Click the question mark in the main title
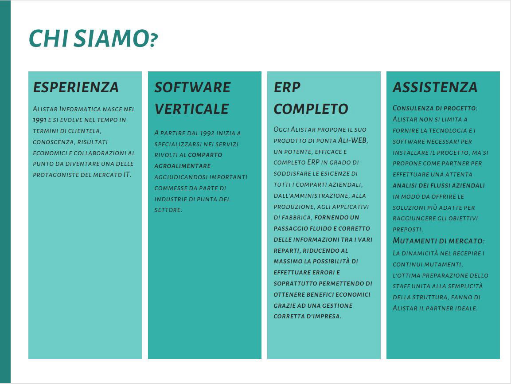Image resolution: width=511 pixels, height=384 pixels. (x=154, y=40)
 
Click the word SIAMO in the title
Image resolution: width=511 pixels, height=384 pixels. (x=111, y=39)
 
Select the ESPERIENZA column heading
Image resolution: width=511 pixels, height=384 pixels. (x=76, y=87)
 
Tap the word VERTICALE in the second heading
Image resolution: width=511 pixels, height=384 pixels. (x=191, y=109)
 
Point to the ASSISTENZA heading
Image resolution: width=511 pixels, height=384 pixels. (x=435, y=87)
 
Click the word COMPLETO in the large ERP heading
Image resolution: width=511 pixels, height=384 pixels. (x=311, y=109)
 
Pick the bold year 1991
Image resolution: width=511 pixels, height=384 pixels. (x=39, y=120)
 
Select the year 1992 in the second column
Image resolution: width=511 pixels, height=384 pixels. (x=207, y=133)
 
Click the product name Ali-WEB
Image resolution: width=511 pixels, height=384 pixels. (x=353, y=141)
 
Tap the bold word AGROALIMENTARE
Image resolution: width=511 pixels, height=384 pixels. (x=183, y=166)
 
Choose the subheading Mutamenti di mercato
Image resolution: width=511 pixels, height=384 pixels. (x=438, y=241)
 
